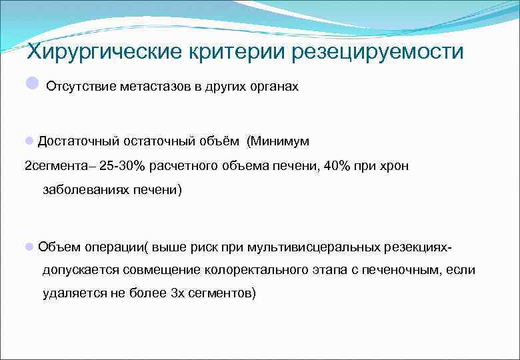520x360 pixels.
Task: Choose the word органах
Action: [273, 88]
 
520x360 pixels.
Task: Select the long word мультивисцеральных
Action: [313, 247]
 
